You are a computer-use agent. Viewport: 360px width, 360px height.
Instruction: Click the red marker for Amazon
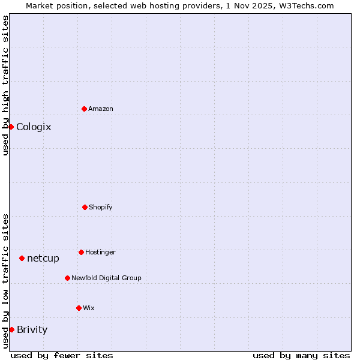pos(84,109)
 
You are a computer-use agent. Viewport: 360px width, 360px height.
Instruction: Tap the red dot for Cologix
pos(11,127)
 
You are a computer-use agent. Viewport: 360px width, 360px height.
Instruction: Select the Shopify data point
pos(85,207)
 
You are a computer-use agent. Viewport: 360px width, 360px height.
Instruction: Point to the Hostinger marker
pos(81,252)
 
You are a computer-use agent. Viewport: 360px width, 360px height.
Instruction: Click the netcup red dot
pos(22,258)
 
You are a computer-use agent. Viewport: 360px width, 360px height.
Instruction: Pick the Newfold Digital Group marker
pos(67,278)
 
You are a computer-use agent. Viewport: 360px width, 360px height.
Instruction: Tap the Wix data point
pos(79,308)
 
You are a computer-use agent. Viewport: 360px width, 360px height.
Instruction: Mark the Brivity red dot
pos(11,329)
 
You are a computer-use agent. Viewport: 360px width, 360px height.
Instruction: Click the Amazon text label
pos(101,109)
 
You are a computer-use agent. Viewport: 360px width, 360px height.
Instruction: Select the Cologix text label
pos(34,127)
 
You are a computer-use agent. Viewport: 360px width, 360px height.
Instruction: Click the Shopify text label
pos(101,207)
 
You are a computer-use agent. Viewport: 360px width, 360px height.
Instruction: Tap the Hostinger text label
pos(100,252)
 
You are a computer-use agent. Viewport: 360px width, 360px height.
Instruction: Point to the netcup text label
pos(43,258)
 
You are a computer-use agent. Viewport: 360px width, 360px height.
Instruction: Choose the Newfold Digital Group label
pos(106,278)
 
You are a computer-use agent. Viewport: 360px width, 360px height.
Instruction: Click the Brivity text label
pos(32,329)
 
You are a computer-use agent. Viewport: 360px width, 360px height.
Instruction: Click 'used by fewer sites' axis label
pos(62,355)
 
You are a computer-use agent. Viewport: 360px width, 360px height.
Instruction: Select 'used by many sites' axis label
pos(301,355)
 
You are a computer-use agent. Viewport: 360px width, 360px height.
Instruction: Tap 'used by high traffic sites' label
pos(5,85)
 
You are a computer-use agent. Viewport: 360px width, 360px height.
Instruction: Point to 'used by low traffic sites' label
pos(5,281)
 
